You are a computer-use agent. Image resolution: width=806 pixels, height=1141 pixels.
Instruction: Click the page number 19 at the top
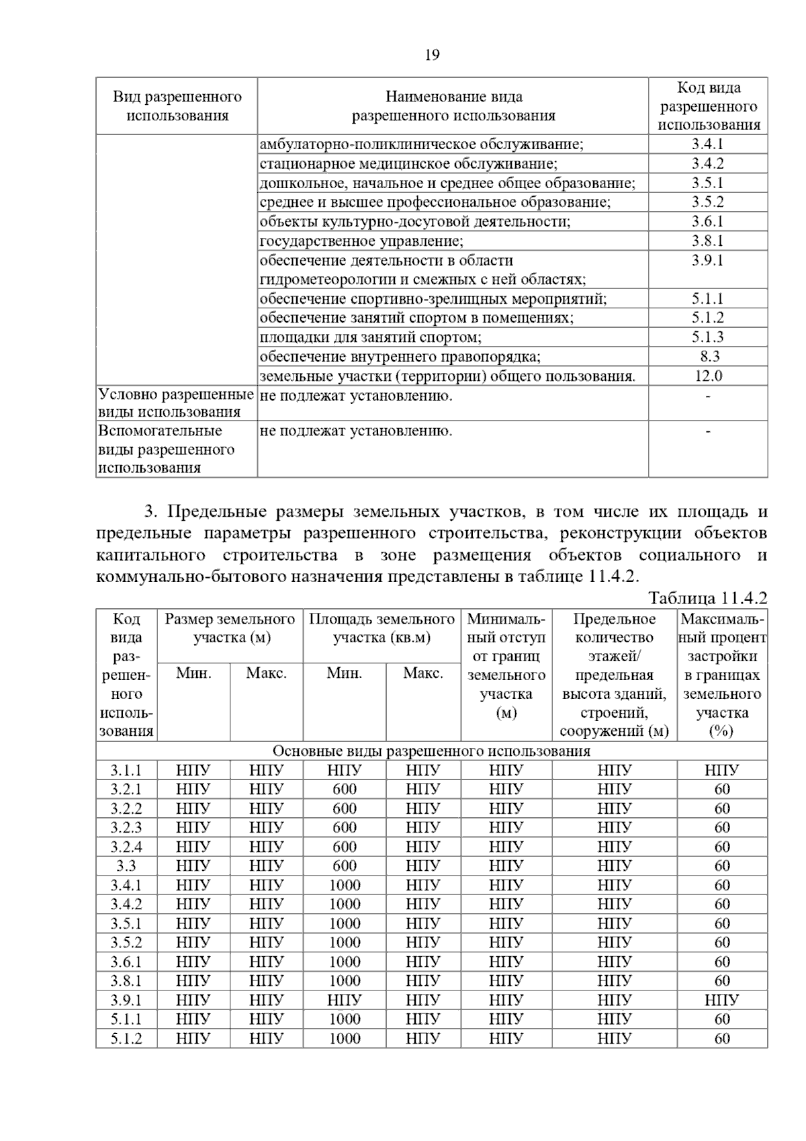point(432,55)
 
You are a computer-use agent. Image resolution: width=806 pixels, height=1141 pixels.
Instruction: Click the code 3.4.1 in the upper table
point(708,144)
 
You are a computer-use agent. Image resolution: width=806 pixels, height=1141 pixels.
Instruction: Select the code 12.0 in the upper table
point(708,376)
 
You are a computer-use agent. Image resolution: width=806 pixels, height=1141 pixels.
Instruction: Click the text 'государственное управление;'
point(361,241)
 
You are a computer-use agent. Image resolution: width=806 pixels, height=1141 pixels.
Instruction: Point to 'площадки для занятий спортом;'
point(370,337)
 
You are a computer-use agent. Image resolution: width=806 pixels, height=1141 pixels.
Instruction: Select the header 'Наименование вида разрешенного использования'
point(453,106)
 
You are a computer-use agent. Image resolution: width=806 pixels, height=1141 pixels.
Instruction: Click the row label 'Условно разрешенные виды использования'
point(176,403)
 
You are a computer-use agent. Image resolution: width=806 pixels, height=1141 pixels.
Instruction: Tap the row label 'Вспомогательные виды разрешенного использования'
point(166,449)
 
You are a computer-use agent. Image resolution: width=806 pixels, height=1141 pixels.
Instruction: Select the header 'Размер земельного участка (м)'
point(230,628)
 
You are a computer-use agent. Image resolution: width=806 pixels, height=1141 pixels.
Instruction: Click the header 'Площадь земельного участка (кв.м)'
point(382,628)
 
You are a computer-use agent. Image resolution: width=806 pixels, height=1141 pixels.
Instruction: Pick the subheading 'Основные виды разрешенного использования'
point(431,751)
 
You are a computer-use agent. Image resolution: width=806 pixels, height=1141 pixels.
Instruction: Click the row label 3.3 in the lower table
point(126,865)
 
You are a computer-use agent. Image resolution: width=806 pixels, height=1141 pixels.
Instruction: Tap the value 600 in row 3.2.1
point(345,789)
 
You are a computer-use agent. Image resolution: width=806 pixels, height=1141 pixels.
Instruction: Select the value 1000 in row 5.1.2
point(345,1038)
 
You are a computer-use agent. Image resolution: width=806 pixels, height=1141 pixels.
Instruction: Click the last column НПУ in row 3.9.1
point(722,1000)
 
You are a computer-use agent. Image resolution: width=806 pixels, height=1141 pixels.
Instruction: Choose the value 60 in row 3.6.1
point(722,962)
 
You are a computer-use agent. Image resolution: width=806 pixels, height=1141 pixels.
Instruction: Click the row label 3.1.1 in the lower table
point(126,770)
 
